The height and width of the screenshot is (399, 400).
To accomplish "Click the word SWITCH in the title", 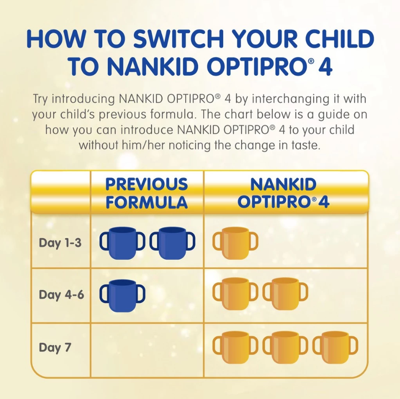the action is [x=178, y=38].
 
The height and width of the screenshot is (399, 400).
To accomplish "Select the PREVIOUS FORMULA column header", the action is [x=147, y=193].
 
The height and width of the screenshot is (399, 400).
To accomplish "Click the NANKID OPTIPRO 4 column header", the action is [x=283, y=193].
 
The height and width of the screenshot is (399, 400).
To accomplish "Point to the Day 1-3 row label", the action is [x=60, y=243].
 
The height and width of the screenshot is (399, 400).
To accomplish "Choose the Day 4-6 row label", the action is [x=61, y=294].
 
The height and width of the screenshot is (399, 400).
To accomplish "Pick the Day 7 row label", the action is [x=55, y=347].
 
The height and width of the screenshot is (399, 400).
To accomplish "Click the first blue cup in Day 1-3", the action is [x=122, y=243].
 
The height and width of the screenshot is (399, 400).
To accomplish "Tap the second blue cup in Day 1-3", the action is [x=172, y=243].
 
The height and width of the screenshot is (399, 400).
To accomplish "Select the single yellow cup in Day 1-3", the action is [x=235, y=243].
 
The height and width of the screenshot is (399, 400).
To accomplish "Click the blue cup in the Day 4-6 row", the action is [x=122, y=295].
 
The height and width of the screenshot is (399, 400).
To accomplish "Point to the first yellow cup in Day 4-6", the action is [x=235, y=294].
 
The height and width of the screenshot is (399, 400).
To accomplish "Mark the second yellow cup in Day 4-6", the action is [x=285, y=294].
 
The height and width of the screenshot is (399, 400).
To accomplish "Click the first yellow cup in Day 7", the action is [x=235, y=348].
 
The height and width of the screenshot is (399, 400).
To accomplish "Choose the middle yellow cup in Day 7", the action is [x=285, y=348].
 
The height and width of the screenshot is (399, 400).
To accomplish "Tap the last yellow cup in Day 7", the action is [x=335, y=348].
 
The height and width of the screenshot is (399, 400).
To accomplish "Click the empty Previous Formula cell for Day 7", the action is [x=147, y=350].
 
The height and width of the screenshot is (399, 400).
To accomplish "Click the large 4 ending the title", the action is [x=324, y=67].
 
